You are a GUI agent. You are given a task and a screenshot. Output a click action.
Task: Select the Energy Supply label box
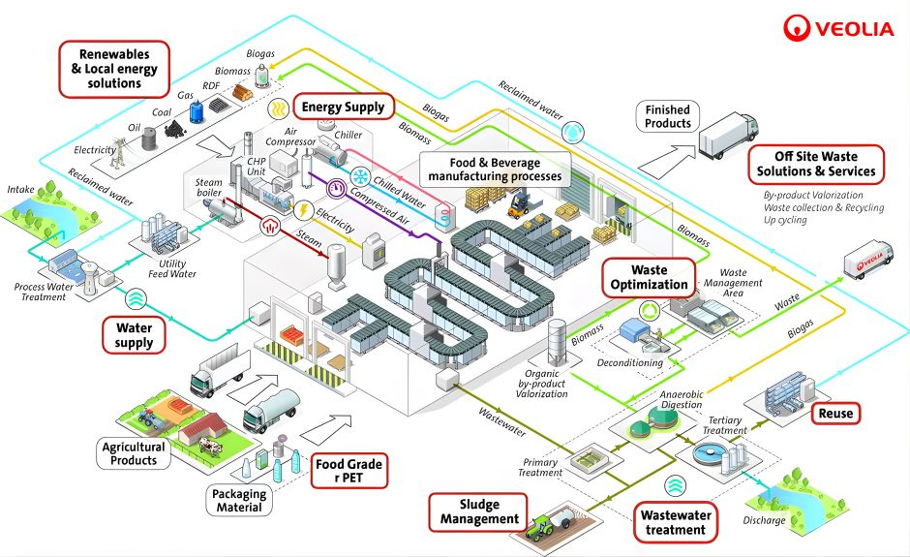coord(344,107)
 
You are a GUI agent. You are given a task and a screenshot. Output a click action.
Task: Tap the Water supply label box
coord(135,335)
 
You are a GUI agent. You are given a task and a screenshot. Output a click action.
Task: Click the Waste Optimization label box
coord(649,277)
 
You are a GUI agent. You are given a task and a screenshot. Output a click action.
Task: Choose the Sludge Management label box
coord(480,511)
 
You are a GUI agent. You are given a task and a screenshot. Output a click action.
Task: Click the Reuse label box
coord(835,414)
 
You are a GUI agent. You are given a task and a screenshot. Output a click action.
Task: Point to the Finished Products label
coord(668,117)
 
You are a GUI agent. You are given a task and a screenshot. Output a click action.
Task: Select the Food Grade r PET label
coord(349,472)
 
